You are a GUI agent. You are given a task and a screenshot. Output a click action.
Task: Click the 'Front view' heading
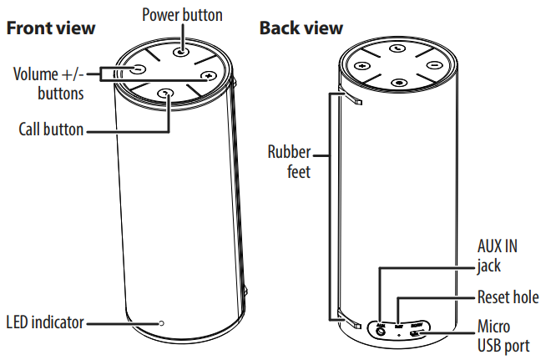[x=51, y=28]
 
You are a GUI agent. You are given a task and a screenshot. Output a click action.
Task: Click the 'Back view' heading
[x=301, y=28]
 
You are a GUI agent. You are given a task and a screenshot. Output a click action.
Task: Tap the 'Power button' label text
[x=183, y=14]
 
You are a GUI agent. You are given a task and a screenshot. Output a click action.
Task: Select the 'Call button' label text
[x=51, y=129]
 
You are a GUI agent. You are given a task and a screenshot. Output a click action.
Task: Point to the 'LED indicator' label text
[x=45, y=322]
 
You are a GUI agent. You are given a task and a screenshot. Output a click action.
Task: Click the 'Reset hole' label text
[x=508, y=297]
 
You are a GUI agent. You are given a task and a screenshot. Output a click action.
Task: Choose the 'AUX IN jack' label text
[x=498, y=255]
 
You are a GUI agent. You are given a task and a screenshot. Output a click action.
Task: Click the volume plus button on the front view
[x=208, y=77]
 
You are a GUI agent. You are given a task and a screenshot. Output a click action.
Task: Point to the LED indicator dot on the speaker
[x=162, y=322]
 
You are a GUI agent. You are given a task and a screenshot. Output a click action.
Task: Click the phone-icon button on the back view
[x=397, y=49]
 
